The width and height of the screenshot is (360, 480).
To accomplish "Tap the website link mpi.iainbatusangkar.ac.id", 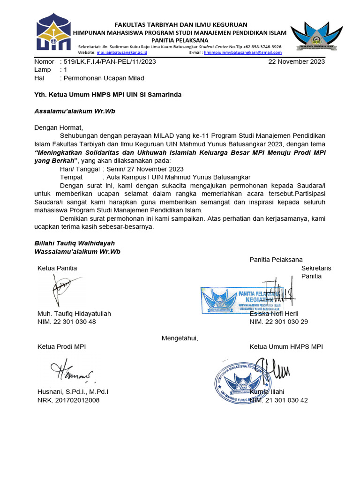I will pos(122,53).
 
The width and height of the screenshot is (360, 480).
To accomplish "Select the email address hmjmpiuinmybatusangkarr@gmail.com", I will pos(243,53).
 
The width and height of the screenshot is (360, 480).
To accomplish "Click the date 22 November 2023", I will pos(296,61).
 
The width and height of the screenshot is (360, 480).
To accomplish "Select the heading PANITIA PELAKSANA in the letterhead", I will pos(182,40).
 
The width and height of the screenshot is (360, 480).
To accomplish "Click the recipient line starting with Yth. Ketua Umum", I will pos(108,95).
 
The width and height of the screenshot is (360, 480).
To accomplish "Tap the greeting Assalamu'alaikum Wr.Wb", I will pos(75,112).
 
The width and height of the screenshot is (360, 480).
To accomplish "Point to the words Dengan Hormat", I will pos(58,127).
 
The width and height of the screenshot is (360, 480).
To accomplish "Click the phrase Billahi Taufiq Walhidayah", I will pos(75,243).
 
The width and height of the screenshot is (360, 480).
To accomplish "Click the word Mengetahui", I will pos(180,338).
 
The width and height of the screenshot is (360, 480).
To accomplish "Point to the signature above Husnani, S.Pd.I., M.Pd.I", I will pos(70,371).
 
